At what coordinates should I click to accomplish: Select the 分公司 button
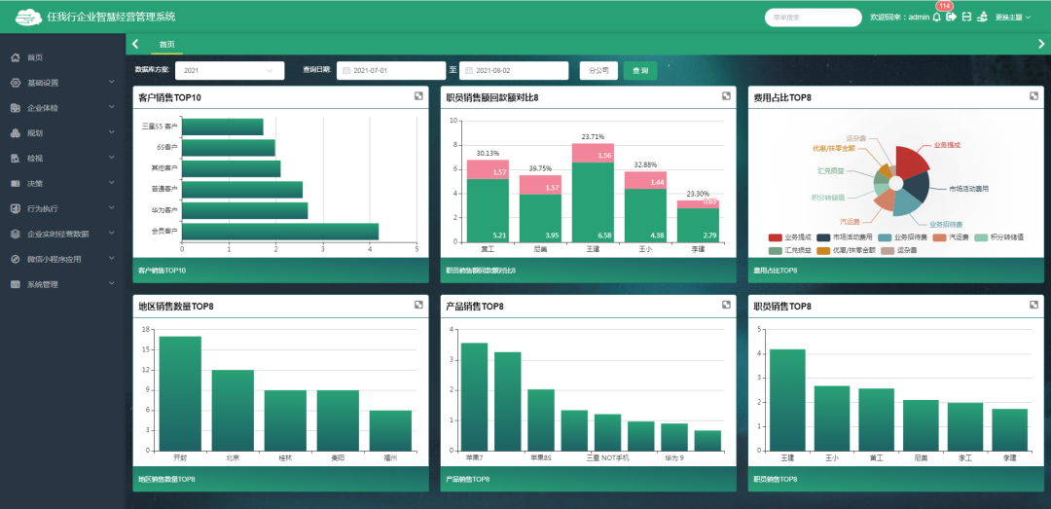coord(599,71)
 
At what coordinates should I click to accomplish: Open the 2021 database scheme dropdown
coord(230,71)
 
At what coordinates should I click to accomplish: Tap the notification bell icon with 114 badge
coord(936,18)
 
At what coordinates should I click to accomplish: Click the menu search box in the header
coord(813,18)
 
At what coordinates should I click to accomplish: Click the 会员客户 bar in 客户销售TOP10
coord(280,232)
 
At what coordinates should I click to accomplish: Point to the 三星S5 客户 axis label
coord(160,127)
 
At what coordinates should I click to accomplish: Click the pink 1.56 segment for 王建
coord(593,154)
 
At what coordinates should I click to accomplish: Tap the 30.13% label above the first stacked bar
coord(488,153)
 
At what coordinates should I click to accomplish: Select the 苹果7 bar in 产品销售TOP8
coord(474,396)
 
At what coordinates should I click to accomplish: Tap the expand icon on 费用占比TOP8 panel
coord(1033,96)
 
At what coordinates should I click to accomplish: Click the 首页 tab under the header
coord(167,45)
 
